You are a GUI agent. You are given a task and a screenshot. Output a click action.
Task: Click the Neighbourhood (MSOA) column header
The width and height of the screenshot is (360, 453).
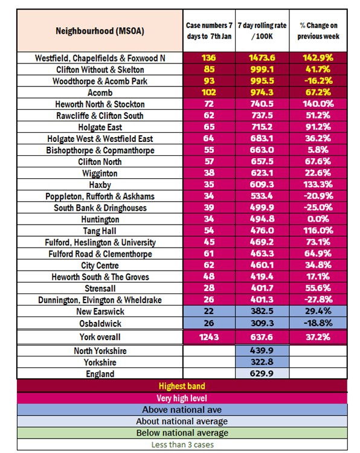pos(100,31)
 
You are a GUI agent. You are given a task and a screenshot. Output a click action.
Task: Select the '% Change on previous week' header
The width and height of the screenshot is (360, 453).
pos(318,31)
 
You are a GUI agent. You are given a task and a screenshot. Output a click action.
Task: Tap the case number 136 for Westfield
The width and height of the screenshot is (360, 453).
pos(208,58)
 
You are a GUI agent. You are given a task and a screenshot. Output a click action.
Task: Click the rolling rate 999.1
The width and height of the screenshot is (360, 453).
pos(262,69)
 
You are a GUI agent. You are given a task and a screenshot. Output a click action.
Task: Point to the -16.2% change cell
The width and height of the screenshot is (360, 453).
pos(318,81)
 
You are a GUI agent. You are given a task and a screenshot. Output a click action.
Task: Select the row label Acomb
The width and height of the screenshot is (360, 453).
pos(100,93)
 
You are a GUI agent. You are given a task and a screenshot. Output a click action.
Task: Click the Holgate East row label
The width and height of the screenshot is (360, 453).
pos(100,127)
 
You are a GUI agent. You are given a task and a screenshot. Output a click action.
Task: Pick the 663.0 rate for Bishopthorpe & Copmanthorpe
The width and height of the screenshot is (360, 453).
pos(262,150)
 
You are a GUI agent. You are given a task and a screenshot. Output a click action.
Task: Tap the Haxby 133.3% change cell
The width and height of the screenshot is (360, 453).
pos(318,184)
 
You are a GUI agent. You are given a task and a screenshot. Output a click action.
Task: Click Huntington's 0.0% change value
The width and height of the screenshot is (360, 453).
pos(318,219)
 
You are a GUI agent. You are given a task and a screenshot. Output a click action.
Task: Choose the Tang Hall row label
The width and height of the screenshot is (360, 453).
pos(100,231)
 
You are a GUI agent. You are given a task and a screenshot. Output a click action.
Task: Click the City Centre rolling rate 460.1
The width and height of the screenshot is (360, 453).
pos(262,265)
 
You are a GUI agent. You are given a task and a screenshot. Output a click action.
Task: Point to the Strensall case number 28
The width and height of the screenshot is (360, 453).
pos(209,288)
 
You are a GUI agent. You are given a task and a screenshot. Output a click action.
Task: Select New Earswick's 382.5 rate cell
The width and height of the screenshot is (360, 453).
pos(262,311)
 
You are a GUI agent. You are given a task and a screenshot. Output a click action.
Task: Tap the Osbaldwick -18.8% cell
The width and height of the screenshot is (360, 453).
pos(318,323)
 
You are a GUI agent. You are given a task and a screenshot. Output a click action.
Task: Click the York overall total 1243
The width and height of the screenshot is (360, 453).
pos(209,337)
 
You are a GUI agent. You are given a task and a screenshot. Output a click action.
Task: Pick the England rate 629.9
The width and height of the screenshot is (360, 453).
pos(262,373)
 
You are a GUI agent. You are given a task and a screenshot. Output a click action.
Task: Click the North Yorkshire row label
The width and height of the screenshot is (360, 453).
pos(100,351)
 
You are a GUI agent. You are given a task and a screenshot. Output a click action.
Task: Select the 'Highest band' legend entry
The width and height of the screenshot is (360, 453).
pos(182,386)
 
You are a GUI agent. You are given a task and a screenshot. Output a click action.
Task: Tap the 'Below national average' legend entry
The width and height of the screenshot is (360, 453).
pos(182,433)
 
